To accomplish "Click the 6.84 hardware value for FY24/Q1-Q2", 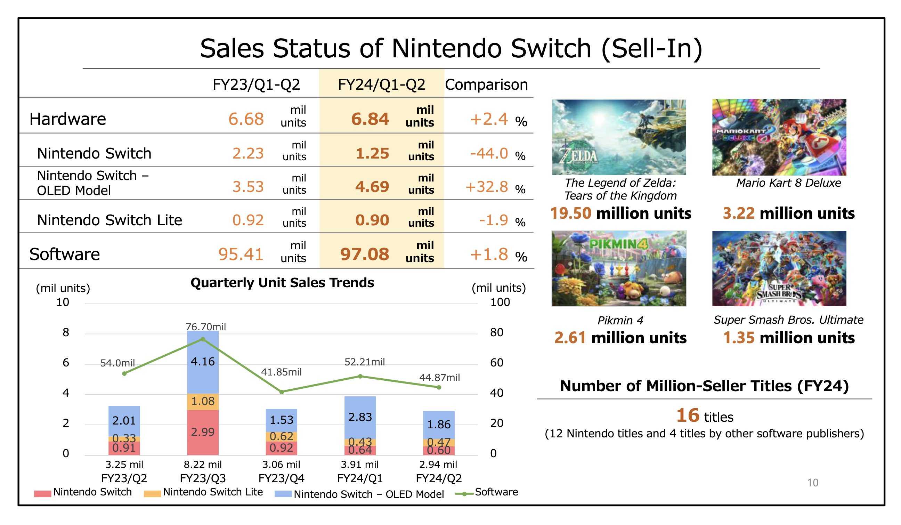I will [x=370, y=119].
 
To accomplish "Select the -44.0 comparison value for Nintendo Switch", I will [x=489, y=153].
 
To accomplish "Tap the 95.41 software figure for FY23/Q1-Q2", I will [x=241, y=254].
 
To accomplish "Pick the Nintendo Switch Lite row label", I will [x=109, y=220].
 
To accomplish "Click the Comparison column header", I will [x=486, y=85].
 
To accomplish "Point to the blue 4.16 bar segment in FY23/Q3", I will [x=203, y=362].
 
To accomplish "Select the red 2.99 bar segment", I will [x=203, y=432].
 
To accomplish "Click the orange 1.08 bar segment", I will [x=203, y=401].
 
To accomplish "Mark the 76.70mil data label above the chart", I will [x=205, y=326].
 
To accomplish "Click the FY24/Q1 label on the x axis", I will [x=360, y=478].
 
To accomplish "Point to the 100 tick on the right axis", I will [x=500, y=302].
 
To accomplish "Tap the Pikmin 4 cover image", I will [x=618, y=268].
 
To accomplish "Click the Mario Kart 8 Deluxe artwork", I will [x=779, y=137].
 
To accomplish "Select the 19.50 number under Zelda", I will [x=571, y=213].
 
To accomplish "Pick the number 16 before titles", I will [x=687, y=415].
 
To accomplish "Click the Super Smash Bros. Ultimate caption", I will [x=788, y=320].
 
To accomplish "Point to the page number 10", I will [x=812, y=483].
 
